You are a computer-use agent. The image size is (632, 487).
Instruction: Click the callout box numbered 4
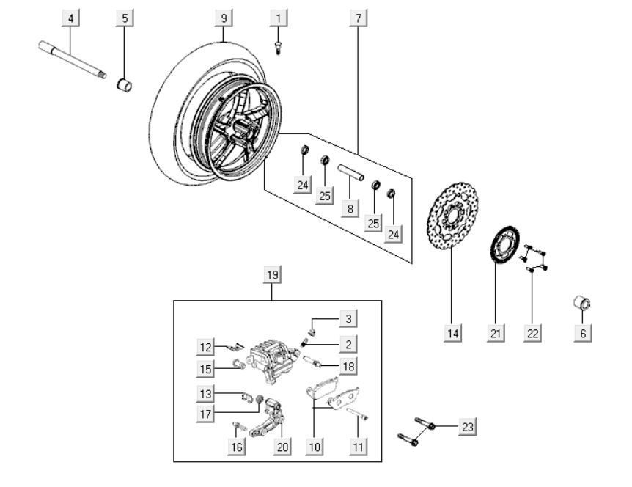tap(70, 18)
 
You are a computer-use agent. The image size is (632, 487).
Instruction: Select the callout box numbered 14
tap(453, 334)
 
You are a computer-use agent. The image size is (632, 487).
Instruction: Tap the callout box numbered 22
tap(533, 334)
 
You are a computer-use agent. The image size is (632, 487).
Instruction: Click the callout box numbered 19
tap(271, 276)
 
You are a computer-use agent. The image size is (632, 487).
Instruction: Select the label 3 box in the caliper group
tap(349, 318)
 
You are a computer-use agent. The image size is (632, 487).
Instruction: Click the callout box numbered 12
tap(206, 345)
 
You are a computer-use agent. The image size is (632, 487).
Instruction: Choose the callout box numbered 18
tap(349, 366)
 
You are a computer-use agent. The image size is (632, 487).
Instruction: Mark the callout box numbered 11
tap(357, 446)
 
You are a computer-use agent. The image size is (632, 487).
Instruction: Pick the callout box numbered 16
tap(235, 446)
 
